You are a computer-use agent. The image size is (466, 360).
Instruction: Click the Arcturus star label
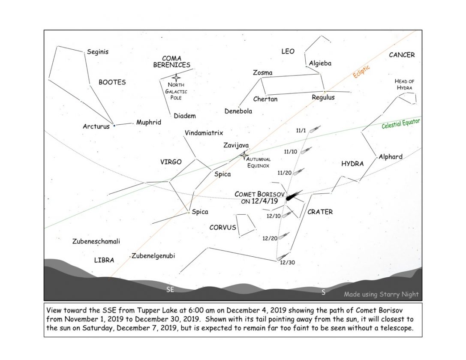click(x=96, y=126)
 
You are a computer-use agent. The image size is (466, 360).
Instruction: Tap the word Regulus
click(x=323, y=97)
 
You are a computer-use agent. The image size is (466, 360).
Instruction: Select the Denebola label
click(x=238, y=111)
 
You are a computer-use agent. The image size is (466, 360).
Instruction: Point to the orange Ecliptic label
click(x=361, y=71)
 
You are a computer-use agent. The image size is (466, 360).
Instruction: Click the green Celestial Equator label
click(x=400, y=124)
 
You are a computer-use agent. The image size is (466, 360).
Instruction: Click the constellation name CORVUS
click(x=222, y=227)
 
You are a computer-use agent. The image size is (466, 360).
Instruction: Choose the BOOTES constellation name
click(x=112, y=82)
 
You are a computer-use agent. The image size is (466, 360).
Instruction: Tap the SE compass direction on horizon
click(x=170, y=290)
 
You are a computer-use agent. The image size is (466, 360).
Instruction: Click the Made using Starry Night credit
click(x=381, y=294)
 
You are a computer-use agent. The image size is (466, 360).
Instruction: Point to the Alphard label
click(x=391, y=157)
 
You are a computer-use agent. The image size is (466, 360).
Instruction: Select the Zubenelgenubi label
click(x=153, y=256)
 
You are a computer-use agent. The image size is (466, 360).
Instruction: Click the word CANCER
click(x=402, y=55)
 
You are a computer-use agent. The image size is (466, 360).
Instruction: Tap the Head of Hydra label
click(x=404, y=84)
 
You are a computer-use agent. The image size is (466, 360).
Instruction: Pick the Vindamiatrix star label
click(x=204, y=133)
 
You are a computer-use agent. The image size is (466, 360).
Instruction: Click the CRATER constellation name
click(x=320, y=212)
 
